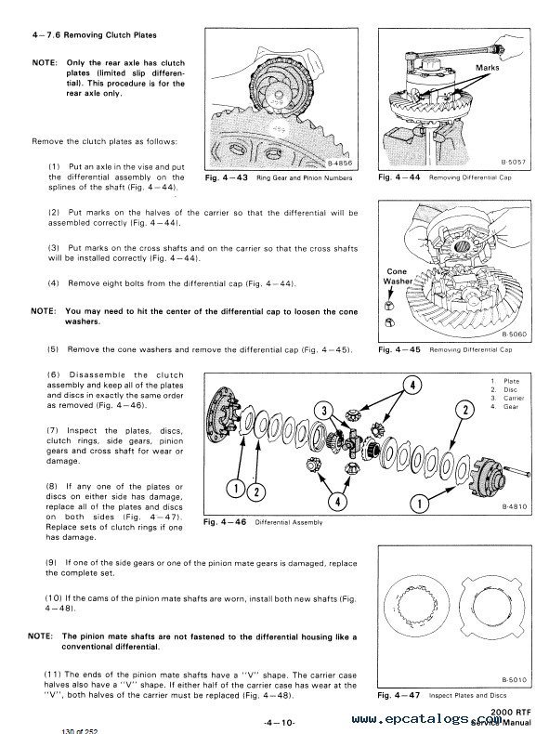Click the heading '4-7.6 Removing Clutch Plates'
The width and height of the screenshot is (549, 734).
pyautogui.click(x=95, y=35)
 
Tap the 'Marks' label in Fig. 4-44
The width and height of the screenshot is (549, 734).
pyautogui.click(x=487, y=68)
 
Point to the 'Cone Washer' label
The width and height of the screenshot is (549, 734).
pyautogui.click(x=398, y=276)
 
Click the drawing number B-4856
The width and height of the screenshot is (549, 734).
pyautogui.click(x=340, y=164)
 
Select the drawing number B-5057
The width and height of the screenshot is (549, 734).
pyautogui.click(x=514, y=163)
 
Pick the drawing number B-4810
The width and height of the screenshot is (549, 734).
pyautogui.click(x=515, y=506)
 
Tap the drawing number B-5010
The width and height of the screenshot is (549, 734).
pyautogui.click(x=514, y=679)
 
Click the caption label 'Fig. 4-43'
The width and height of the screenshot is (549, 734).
pyautogui.click(x=227, y=177)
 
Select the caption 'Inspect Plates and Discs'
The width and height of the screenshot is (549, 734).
pyautogui.click(x=467, y=696)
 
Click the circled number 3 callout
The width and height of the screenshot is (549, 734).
pyautogui.click(x=324, y=411)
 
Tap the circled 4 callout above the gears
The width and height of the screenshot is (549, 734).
pyautogui.click(x=412, y=386)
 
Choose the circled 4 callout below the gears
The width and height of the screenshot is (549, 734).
pyautogui.click(x=337, y=502)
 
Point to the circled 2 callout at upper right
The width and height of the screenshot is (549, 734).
pyautogui.click(x=464, y=410)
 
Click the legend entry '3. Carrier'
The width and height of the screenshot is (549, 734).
pyautogui.click(x=507, y=399)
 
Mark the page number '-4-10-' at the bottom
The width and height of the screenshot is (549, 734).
pyautogui.click(x=280, y=723)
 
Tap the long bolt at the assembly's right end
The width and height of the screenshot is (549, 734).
pyautogui.click(x=516, y=471)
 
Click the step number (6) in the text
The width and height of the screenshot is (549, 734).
pyautogui.click(x=54, y=375)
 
